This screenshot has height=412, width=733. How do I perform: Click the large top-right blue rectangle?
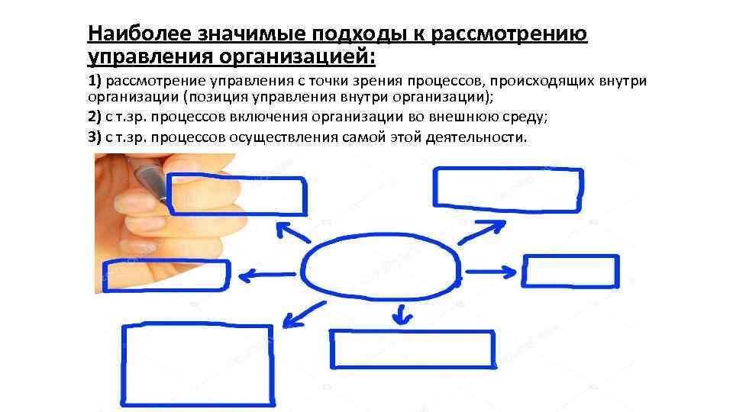(508, 188)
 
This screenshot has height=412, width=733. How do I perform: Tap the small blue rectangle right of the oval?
(571, 272)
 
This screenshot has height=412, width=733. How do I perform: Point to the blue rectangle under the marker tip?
(237, 195)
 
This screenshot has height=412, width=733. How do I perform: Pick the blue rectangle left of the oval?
(168, 276)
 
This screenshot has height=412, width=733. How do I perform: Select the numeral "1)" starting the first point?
(95, 82)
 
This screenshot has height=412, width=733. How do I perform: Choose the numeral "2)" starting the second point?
(95, 117)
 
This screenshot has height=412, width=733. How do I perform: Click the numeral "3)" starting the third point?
(95, 137)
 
